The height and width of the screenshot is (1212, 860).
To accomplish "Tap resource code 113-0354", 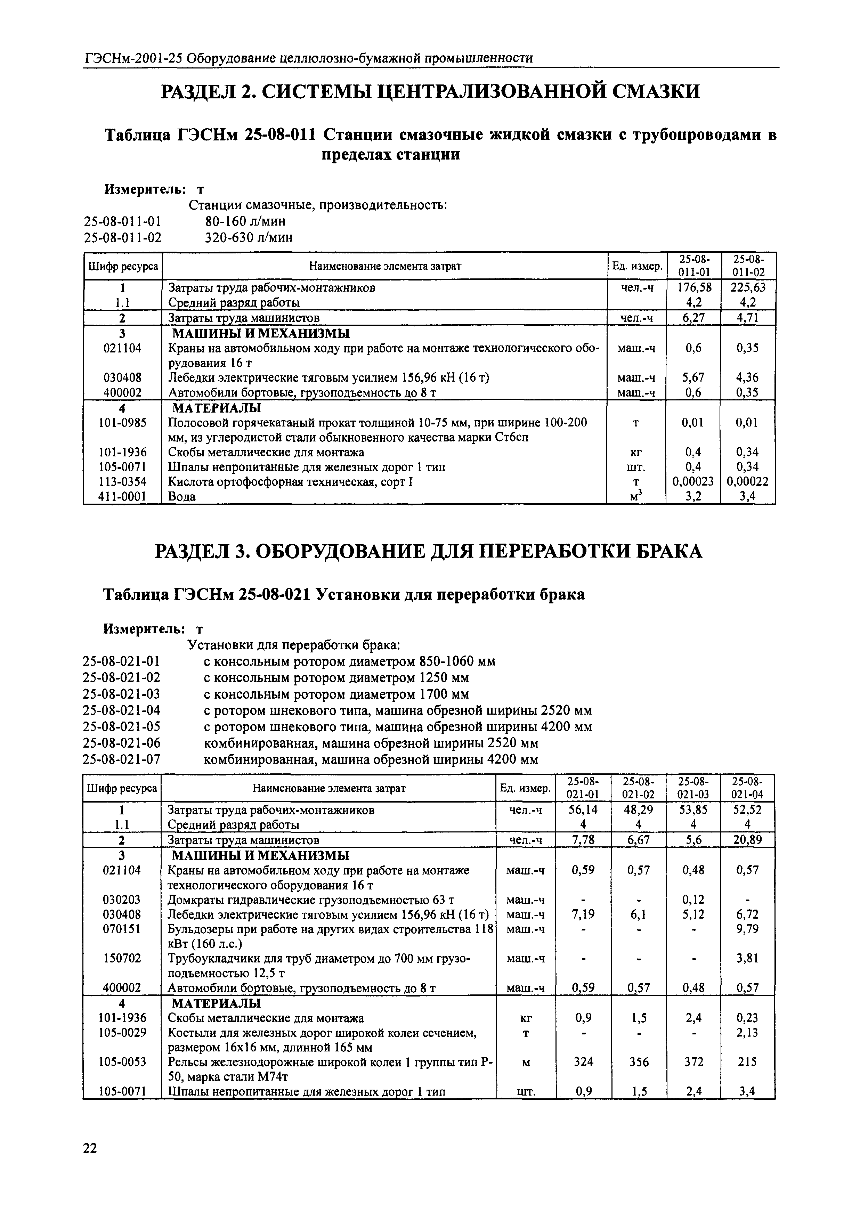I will (x=123, y=482).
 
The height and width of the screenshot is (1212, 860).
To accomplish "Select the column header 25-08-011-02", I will (x=748, y=266).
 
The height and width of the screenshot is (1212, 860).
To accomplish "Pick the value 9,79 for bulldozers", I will (x=747, y=929).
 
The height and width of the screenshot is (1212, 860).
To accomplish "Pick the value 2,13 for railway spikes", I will (x=747, y=1033).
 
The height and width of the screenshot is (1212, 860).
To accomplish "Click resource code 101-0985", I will (x=123, y=423).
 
